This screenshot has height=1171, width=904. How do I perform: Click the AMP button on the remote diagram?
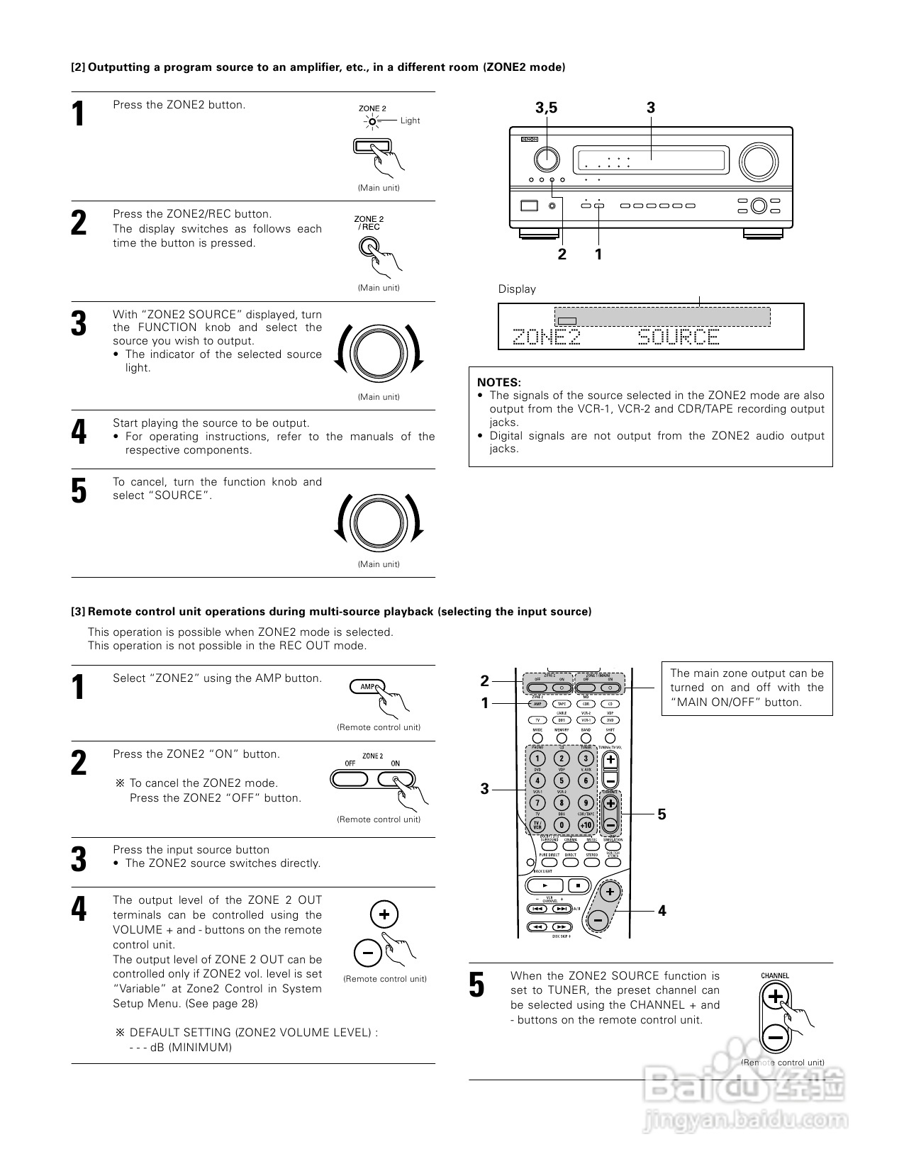[x=537, y=704]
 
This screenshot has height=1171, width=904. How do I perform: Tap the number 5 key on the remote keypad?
[x=562, y=781]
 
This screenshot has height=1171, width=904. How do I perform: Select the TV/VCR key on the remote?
[x=537, y=825]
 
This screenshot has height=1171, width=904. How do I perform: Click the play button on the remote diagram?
[x=545, y=885]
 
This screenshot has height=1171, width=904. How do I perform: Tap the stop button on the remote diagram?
[x=578, y=885]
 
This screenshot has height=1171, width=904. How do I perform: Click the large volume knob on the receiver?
[x=757, y=161]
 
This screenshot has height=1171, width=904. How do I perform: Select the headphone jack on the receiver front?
[x=552, y=206]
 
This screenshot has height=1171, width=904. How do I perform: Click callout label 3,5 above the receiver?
[x=546, y=108]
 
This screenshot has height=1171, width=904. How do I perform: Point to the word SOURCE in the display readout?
[x=679, y=337]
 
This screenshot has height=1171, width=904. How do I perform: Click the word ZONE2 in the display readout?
[x=546, y=337]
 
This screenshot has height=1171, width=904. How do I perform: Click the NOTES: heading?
[x=498, y=382]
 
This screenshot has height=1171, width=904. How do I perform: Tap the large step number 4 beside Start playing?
[x=79, y=432]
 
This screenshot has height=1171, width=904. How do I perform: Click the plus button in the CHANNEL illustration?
[x=776, y=997]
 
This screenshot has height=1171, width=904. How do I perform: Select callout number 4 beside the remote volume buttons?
[x=662, y=910]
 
